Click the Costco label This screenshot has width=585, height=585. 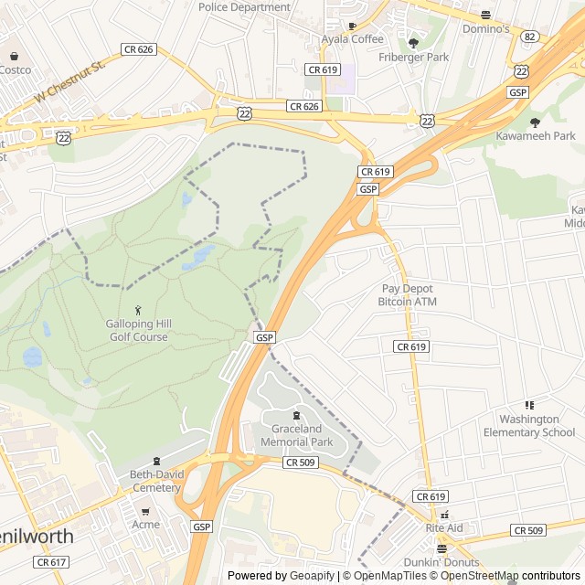(x=15, y=69)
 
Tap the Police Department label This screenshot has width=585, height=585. (x=244, y=7)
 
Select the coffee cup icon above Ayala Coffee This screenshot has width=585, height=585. (x=352, y=26)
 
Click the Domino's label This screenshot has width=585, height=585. (x=485, y=29)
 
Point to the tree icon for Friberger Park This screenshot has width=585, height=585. (x=413, y=42)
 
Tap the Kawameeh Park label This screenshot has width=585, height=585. (x=536, y=136)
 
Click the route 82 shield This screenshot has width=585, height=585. (x=530, y=37)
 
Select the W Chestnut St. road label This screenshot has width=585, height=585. (x=71, y=80)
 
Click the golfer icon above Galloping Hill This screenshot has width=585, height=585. (x=138, y=310)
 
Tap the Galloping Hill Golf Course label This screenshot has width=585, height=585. (x=137, y=331)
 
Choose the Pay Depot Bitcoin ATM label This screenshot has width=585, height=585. (x=408, y=295)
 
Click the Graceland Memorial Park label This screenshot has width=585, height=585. (x=296, y=435)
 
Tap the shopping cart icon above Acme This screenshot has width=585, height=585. (x=145, y=511)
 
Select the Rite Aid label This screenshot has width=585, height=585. (x=444, y=528)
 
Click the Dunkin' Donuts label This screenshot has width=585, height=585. (x=441, y=562)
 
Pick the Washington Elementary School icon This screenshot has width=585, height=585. (x=528, y=405)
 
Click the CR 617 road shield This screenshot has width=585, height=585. (x=54, y=562)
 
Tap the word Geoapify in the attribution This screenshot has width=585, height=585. (x=314, y=576)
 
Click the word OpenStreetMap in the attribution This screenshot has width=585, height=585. (x=479, y=576)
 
